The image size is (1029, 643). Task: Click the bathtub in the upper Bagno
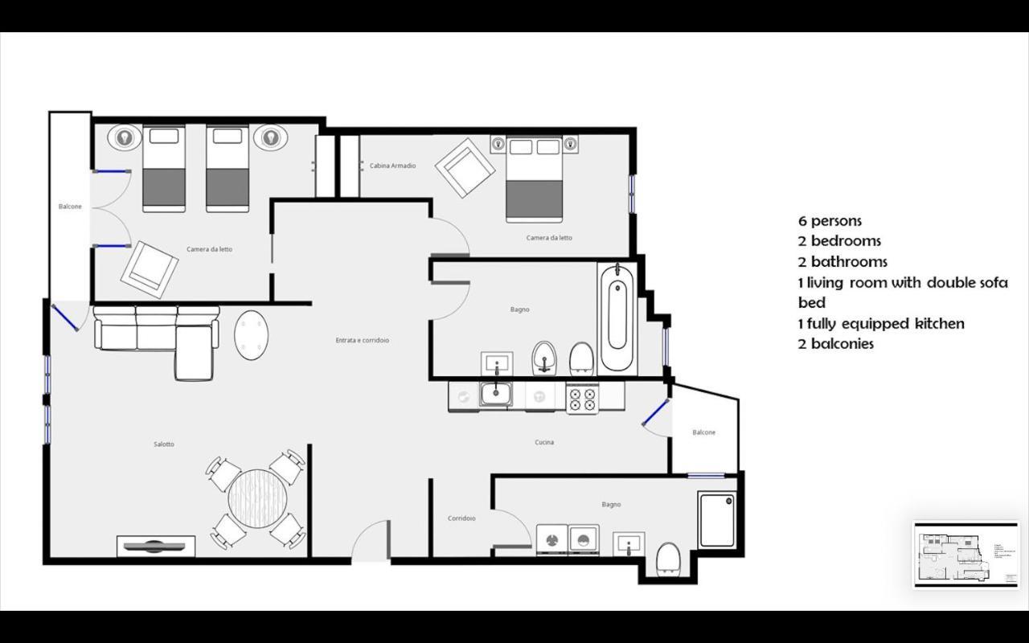point(617,317)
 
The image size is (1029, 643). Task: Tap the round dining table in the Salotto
point(257,498)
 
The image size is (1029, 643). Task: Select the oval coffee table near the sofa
point(251,334)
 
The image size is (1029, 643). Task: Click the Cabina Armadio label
point(392,166)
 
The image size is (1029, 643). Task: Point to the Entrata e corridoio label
point(362,341)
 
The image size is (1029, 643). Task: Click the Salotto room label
point(164,444)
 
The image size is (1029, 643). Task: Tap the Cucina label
point(544,442)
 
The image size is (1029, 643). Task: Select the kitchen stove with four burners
point(582,397)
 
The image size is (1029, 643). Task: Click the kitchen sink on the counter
point(495,394)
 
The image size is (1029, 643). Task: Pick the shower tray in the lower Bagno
point(717,520)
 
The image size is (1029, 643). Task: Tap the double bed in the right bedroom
point(534,180)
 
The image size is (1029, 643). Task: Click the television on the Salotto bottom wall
point(156,547)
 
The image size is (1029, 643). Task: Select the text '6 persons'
point(830,221)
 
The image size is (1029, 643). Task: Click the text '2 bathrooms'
point(842,262)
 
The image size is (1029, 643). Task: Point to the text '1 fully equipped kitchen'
point(880,324)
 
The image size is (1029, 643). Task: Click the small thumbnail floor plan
point(965,555)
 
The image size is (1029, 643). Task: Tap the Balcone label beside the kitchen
point(703,432)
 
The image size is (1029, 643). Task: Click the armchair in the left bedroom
point(150,268)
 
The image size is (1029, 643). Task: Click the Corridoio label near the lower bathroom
point(461,518)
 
